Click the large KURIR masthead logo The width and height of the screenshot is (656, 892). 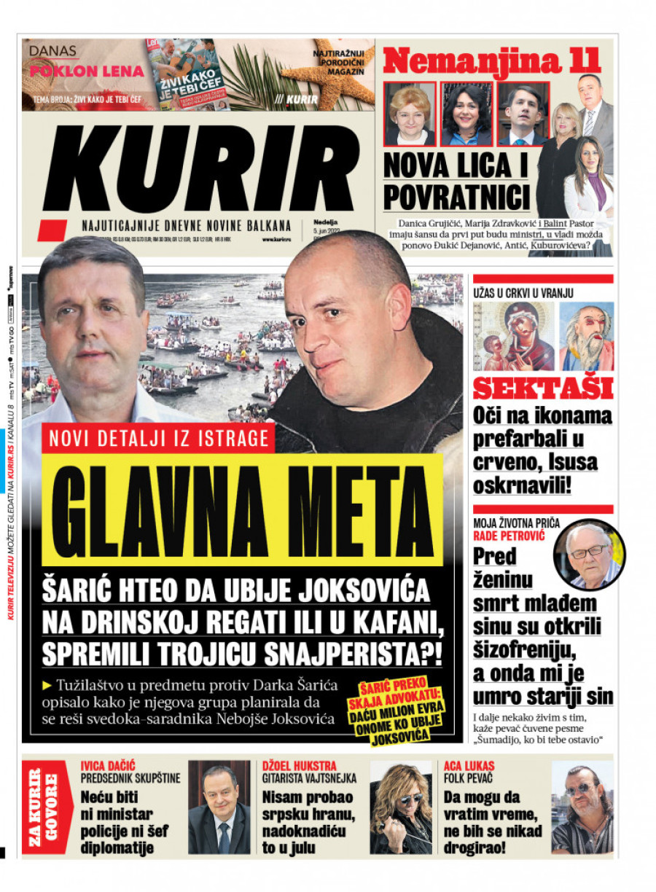(197, 170)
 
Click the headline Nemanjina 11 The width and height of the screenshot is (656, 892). (492, 61)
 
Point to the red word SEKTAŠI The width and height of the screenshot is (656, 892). (542, 388)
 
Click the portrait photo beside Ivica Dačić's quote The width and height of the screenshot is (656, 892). (219, 807)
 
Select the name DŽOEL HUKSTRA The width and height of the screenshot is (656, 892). (299, 766)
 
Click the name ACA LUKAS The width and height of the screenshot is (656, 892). (469, 766)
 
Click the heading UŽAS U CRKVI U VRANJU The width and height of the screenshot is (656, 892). (523, 293)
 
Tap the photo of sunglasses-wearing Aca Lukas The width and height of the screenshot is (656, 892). (582, 807)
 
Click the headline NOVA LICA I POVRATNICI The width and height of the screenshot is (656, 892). (456, 180)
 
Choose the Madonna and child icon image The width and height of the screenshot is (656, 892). (512, 336)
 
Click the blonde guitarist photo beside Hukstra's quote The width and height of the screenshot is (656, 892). (401, 807)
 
